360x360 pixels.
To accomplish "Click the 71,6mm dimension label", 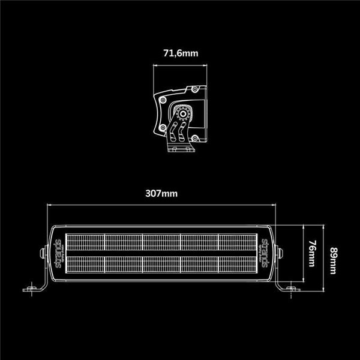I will [x=180, y=53].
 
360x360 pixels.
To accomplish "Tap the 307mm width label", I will [x=161, y=193].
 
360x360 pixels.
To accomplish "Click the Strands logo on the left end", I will [x=58, y=254].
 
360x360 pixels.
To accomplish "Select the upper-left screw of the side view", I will [x=163, y=97].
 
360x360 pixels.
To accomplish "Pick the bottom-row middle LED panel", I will [x=161, y=265].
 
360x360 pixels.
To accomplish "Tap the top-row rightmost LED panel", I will [x=238, y=242].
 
